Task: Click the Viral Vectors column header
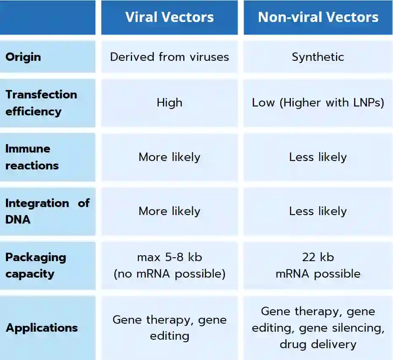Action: [169, 17]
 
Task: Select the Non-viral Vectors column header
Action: [318, 17]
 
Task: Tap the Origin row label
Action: [23, 57]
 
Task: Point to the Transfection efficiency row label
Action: [41, 103]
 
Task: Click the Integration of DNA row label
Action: [47, 211]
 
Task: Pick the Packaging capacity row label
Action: [35, 265]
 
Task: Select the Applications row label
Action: [41, 327]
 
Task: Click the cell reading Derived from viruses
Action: [169, 57]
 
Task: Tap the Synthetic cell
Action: [318, 57]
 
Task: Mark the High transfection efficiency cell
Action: [169, 103]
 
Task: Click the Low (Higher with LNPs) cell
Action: [318, 103]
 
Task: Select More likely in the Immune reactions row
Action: [169, 157]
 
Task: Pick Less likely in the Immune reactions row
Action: [318, 157]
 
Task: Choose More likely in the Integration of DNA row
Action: [169, 211]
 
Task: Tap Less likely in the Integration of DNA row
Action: [318, 211]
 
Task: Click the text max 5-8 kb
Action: [169, 257]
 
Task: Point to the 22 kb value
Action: [318, 257]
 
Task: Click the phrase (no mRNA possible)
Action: [169, 274]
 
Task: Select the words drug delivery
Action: [318, 344]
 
